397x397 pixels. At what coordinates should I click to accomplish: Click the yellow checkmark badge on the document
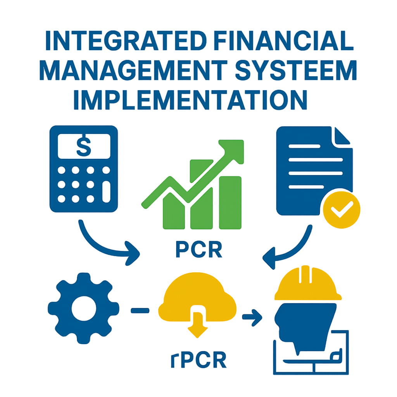pyautogui.click(x=342, y=210)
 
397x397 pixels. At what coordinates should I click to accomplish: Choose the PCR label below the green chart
pyautogui.click(x=199, y=250)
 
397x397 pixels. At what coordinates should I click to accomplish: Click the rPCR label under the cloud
pyautogui.click(x=199, y=359)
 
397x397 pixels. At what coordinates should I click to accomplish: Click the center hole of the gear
pyautogui.click(x=84, y=308)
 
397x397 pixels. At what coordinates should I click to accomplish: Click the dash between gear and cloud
pyautogui.click(x=140, y=310)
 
